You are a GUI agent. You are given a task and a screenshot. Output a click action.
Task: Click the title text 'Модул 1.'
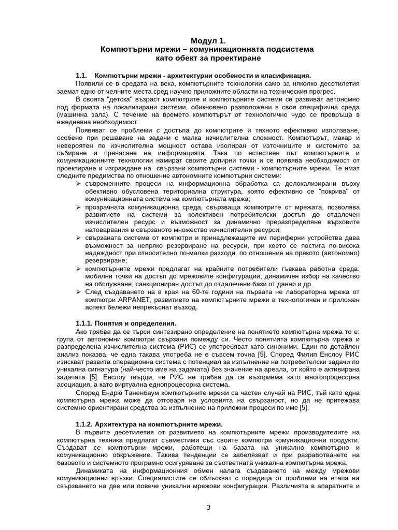(208, 40)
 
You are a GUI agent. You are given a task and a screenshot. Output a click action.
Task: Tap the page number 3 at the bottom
(208, 507)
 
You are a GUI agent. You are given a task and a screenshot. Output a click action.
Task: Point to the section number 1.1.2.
(86, 424)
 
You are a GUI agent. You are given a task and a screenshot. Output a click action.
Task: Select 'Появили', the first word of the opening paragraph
(90, 83)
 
